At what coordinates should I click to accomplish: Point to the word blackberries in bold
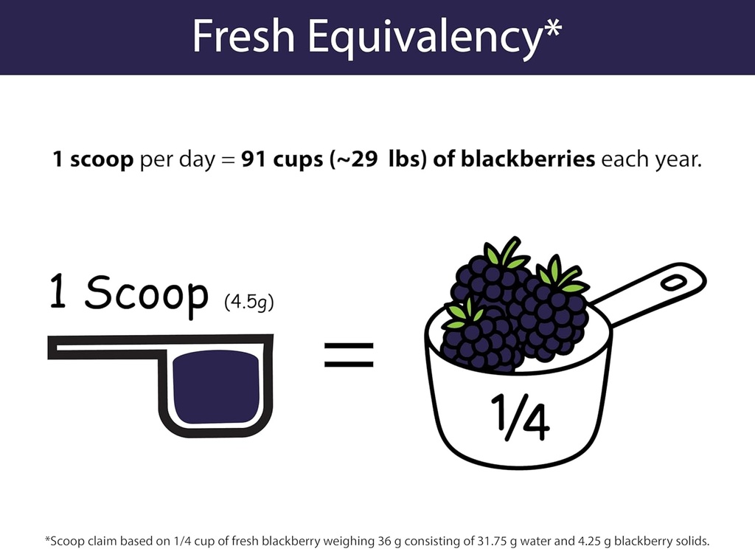(x=528, y=159)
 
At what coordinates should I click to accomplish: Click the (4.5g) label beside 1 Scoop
(x=248, y=303)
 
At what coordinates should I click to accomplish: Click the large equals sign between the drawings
(x=349, y=354)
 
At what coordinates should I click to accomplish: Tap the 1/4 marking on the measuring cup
(x=519, y=418)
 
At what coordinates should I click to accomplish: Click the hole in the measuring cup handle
(x=673, y=281)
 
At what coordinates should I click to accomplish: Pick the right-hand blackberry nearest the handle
(x=554, y=314)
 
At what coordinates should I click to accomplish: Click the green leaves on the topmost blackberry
(x=504, y=255)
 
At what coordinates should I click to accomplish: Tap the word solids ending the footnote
(x=692, y=541)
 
